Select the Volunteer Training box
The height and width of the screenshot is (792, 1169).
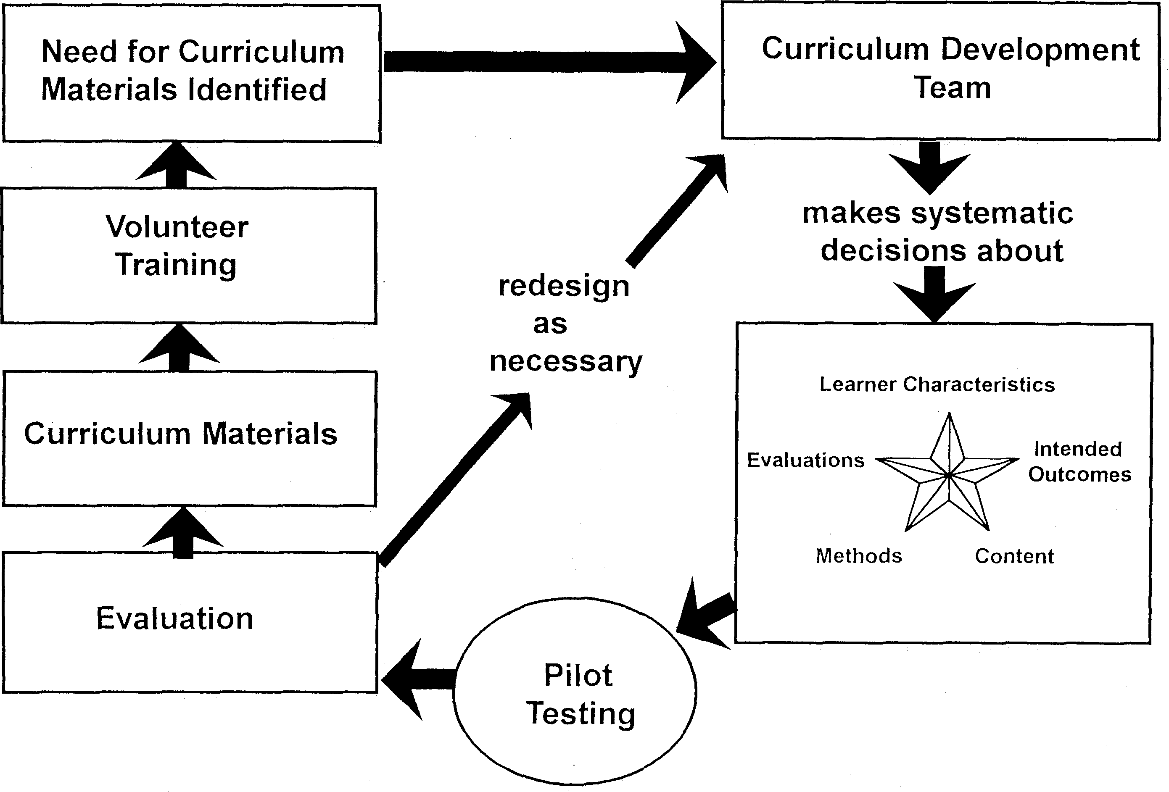pos(189,255)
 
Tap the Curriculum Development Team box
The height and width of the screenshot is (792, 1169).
pos(940,71)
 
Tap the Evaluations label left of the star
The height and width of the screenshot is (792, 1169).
pos(805,460)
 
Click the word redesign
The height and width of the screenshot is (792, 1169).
pos(563,287)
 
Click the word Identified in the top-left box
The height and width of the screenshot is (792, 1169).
pos(257,90)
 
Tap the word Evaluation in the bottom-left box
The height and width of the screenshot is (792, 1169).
pos(174,618)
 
